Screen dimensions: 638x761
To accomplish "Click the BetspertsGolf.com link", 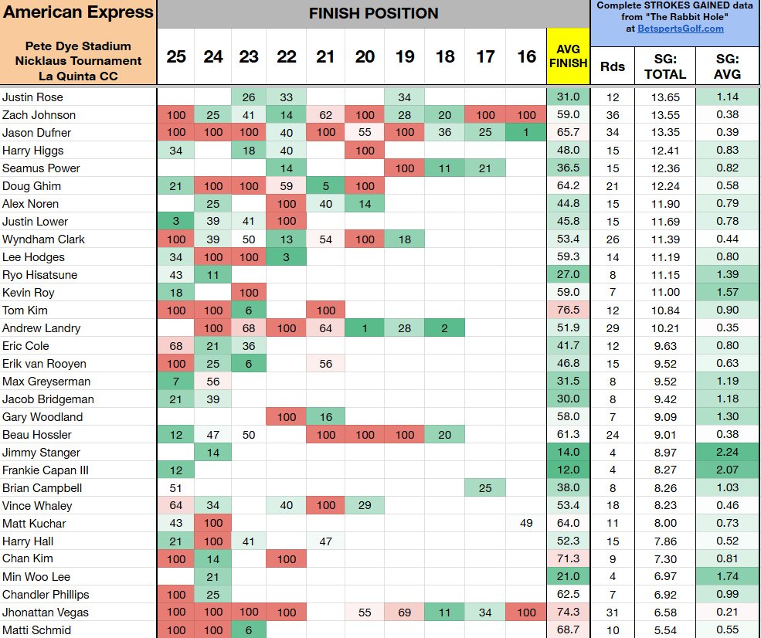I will pos(681,29).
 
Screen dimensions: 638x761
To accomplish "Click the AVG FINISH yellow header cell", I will pos(568,56).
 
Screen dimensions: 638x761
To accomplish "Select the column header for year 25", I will pos(176,56).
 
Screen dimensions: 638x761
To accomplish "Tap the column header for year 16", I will pos(527,56).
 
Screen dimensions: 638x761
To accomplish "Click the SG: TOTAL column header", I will pos(665,66).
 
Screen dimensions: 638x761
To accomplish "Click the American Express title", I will pos(78,12).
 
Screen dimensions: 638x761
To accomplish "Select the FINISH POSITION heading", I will pos(373,13).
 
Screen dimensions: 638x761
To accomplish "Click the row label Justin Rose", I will pos(32,97).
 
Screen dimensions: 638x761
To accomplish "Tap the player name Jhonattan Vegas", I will pos(46,613).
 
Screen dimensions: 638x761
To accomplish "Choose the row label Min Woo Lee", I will pos(35,577).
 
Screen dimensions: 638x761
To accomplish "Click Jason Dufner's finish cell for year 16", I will pos(527,133).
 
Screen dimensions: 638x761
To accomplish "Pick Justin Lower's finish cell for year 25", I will pos(176,222).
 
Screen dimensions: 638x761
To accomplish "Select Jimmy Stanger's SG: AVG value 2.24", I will pos(727,453).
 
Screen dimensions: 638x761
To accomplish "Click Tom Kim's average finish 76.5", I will pos(568,311).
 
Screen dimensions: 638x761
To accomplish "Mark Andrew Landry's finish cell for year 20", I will pos(365,328).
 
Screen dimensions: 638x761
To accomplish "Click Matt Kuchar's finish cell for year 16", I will pos(527,524).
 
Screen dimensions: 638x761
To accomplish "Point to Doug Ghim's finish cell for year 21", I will pos(326,186).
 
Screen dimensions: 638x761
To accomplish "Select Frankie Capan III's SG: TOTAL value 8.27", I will pos(665,470).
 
